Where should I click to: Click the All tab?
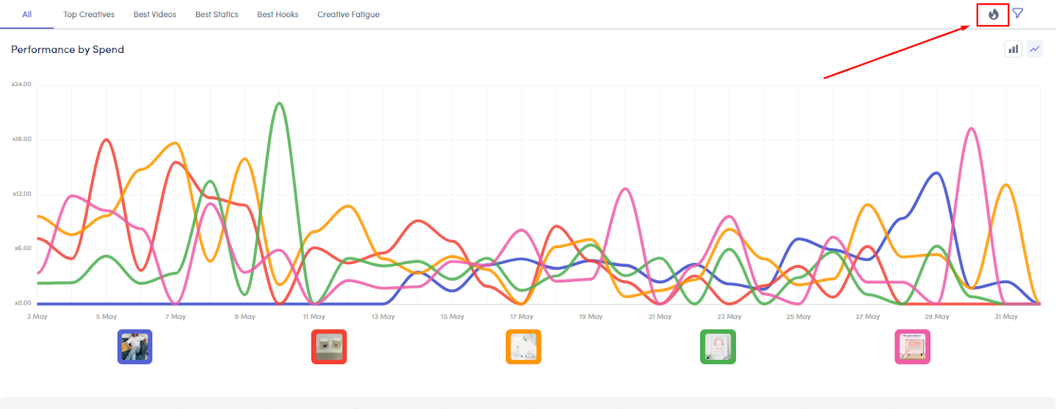(x=26, y=15)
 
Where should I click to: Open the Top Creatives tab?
(x=89, y=15)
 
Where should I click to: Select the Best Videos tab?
(x=155, y=15)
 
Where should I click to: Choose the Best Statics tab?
(x=217, y=15)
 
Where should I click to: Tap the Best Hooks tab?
(x=278, y=15)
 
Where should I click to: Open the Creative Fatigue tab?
(x=348, y=15)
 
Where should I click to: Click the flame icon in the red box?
(x=993, y=14)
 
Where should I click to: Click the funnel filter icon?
(x=1018, y=13)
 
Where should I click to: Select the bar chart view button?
(x=1013, y=49)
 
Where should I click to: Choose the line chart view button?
(x=1035, y=49)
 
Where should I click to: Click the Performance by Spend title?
(x=67, y=50)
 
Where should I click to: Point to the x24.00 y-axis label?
(x=21, y=85)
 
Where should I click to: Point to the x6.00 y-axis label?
(x=22, y=248)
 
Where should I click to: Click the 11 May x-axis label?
(x=314, y=317)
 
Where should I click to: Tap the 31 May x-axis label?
(x=1006, y=317)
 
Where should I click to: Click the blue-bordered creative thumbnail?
(x=135, y=347)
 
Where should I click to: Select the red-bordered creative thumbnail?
(x=329, y=347)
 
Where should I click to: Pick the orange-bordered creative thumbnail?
(x=524, y=347)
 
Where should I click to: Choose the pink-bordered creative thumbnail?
(x=913, y=347)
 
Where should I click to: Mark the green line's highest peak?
(x=280, y=103)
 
